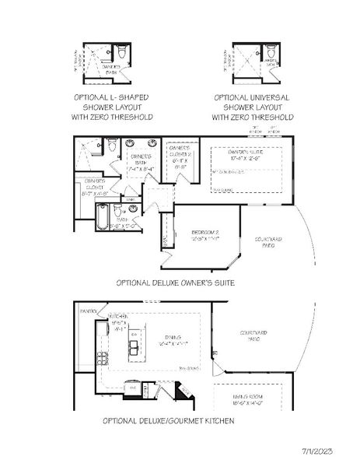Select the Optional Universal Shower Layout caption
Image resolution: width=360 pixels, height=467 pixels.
pyautogui.click(x=253, y=107)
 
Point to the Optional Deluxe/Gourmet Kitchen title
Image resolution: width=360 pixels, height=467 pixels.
pyautogui.click(x=169, y=420)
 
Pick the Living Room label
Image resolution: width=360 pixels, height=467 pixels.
pyautogui.click(x=252, y=401)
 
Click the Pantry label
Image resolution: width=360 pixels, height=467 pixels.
pyautogui.click(x=88, y=311)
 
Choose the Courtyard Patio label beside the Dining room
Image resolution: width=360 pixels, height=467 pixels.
pyautogui.click(x=252, y=335)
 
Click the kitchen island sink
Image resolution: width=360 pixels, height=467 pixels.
pyautogui.click(x=135, y=344)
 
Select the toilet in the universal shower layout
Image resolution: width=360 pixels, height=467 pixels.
pyautogui.click(x=271, y=53)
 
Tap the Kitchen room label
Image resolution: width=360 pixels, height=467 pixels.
pyautogui.click(x=118, y=322)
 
